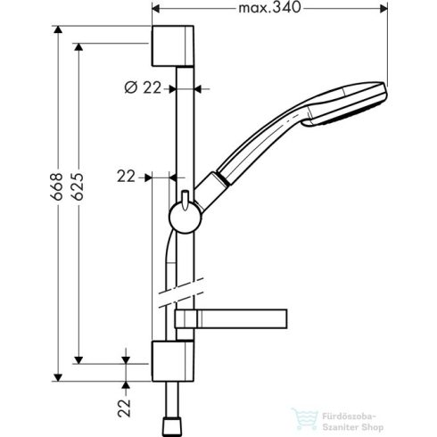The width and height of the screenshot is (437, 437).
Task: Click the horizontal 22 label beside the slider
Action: tap(126, 177)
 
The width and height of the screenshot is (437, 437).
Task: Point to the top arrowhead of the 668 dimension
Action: tap(59, 29)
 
